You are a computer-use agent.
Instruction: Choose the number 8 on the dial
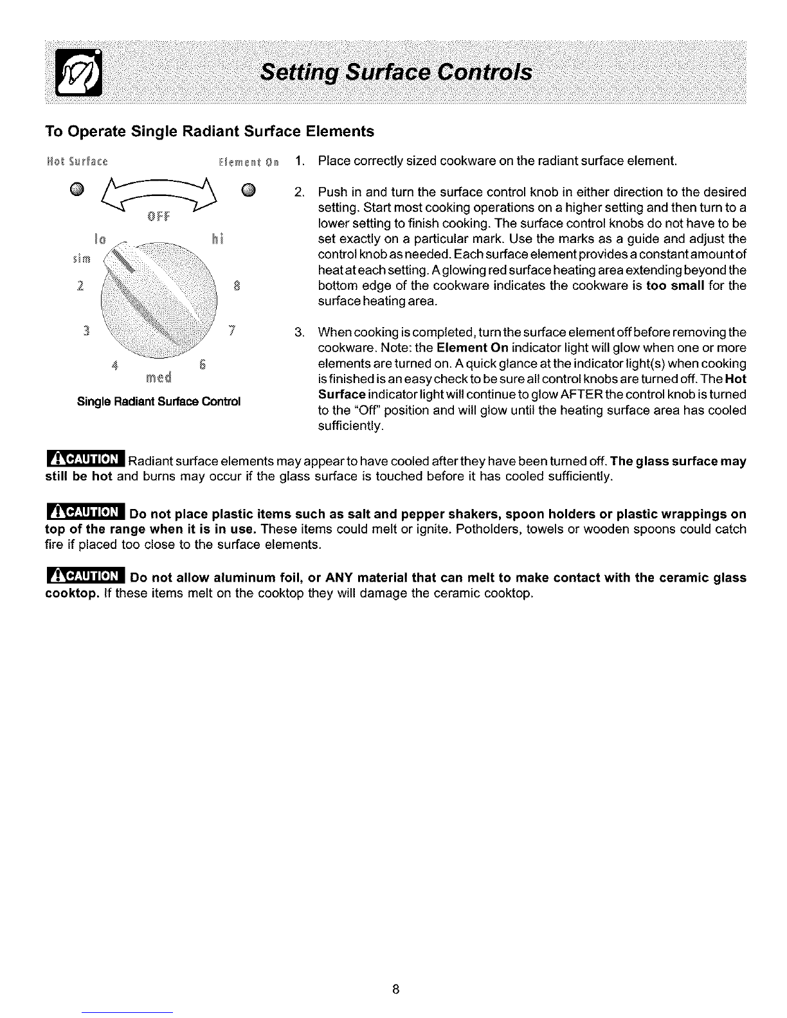[x=237, y=285]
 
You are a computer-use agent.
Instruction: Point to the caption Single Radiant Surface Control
[x=158, y=402]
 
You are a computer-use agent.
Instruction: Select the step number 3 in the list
[x=298, y=332]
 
